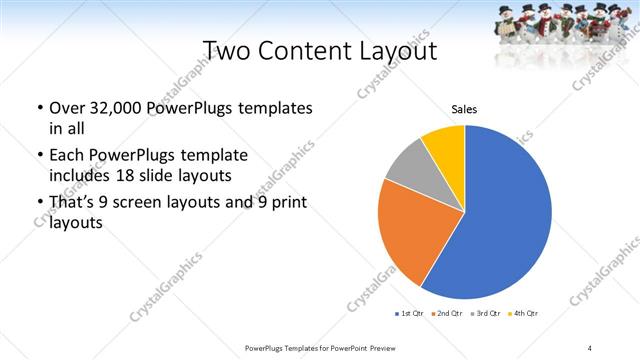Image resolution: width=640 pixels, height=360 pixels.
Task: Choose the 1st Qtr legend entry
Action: [x=410, y=314]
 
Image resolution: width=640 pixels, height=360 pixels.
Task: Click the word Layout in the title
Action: [x=399, y=49]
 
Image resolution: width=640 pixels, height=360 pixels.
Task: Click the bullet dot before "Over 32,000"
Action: [x=38, y=108]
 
